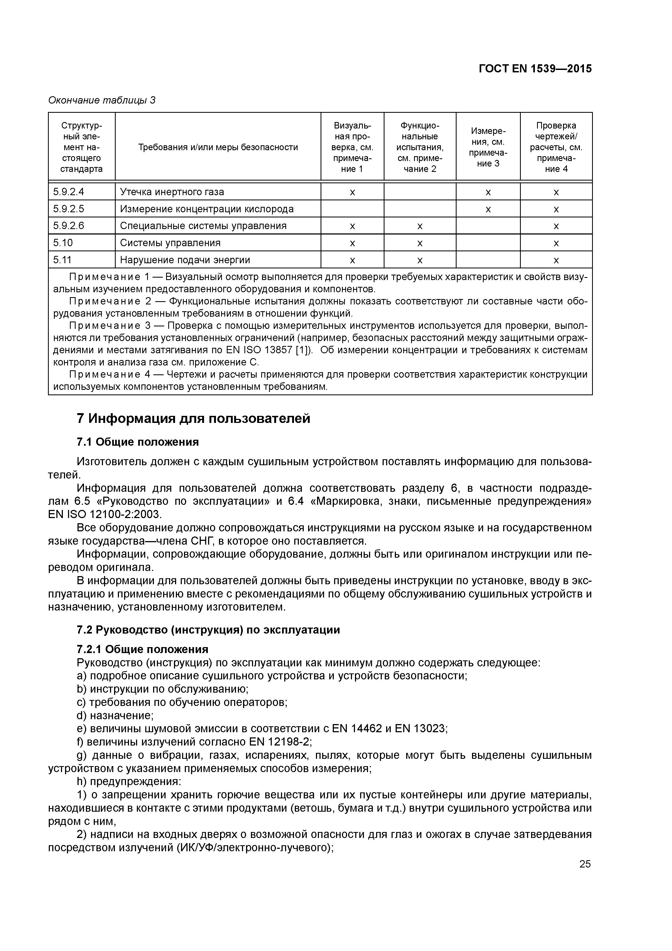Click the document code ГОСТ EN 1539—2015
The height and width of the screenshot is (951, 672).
[535, 69]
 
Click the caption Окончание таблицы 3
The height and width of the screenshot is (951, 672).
[102, 100]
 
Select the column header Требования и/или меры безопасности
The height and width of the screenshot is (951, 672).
[218, 147]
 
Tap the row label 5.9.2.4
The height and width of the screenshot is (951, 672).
[69, 192]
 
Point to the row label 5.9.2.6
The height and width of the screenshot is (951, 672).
[69, 226]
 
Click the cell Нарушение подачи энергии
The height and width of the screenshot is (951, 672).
[185, 260]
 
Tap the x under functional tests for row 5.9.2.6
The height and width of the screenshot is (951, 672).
[420, 226]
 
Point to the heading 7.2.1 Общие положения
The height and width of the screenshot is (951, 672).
[143, 649]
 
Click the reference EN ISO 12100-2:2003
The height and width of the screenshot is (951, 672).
[104, 515]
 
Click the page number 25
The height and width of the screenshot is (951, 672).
[585, 864]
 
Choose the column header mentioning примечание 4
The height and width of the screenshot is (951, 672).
[556, 147]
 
